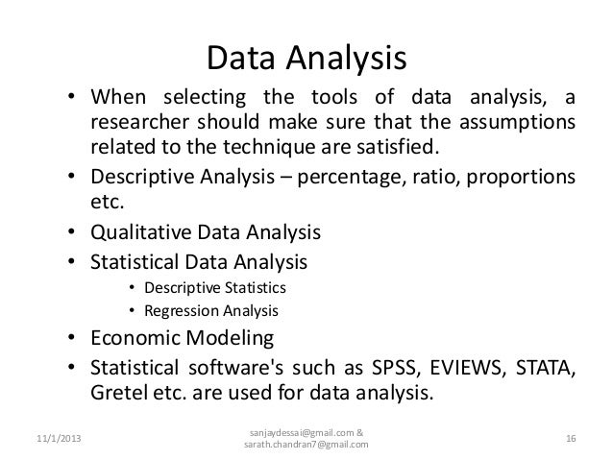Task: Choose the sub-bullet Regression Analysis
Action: [x=210, y=311]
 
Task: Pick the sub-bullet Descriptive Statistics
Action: [x=215, y=287]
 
